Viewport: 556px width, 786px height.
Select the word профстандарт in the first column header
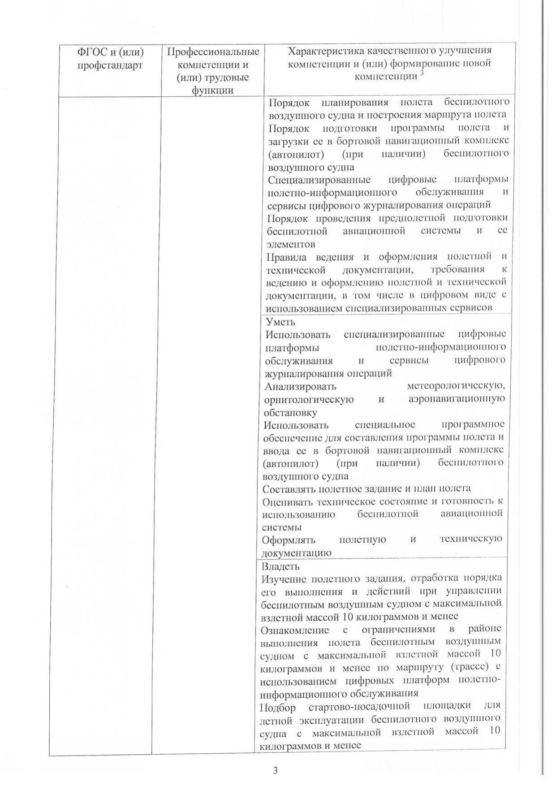110,65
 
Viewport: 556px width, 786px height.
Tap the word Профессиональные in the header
213,52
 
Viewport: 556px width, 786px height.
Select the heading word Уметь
280,322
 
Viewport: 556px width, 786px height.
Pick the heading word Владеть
280,566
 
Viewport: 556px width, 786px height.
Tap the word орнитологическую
309,399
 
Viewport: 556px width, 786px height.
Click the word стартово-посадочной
360,707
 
